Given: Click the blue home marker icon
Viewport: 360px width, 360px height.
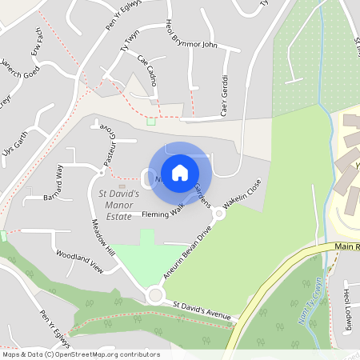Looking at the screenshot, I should point(180,172).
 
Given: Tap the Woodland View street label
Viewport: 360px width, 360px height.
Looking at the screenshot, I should point(80,262).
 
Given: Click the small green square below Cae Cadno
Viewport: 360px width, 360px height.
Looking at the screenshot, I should point(150,122).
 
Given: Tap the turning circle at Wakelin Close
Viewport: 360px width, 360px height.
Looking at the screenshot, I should point(218,213).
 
